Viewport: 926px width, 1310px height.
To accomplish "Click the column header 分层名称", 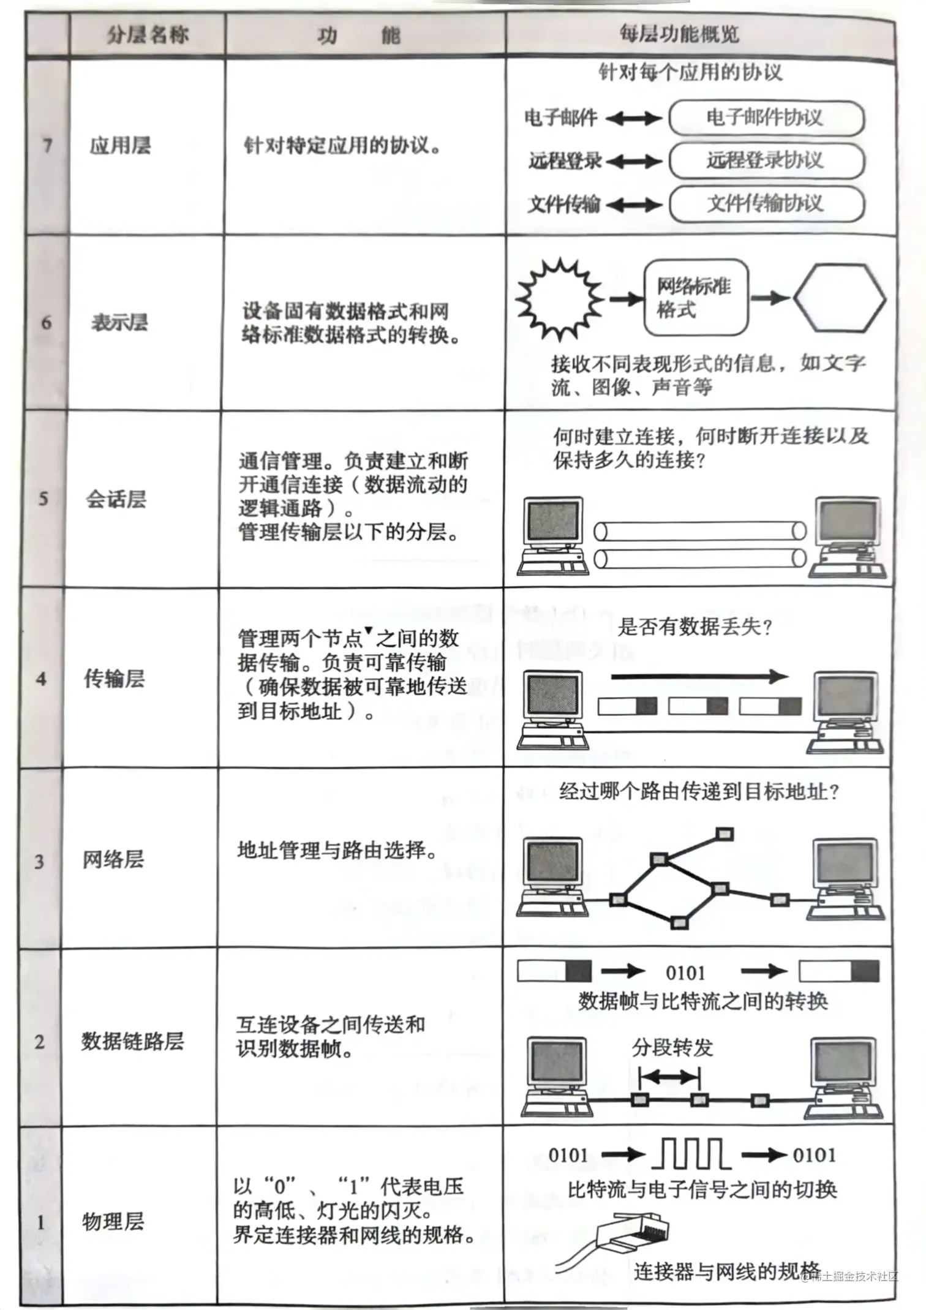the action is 148,35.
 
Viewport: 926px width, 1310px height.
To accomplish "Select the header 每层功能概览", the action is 679,34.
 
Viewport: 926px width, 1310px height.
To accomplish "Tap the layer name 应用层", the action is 120,146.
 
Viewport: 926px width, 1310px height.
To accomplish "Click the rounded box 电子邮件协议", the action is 766,118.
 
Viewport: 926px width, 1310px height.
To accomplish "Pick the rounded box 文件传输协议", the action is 766,203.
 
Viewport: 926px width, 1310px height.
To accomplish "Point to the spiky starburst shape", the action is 559,299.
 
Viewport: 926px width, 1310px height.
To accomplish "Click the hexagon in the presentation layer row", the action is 840,299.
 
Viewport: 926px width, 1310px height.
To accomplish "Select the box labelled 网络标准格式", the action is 696,298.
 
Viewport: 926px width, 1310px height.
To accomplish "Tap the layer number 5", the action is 43,498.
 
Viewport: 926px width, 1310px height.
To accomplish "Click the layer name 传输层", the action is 115,679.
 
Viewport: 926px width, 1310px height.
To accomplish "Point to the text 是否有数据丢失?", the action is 694,627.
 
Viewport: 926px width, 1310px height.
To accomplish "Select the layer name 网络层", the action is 113,859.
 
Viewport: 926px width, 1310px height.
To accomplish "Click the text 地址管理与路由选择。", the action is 337,850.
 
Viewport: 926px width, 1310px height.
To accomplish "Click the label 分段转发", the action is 672,1048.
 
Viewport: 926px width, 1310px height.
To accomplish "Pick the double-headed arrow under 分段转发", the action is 669,1076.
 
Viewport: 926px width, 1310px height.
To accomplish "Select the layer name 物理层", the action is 113,1221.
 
